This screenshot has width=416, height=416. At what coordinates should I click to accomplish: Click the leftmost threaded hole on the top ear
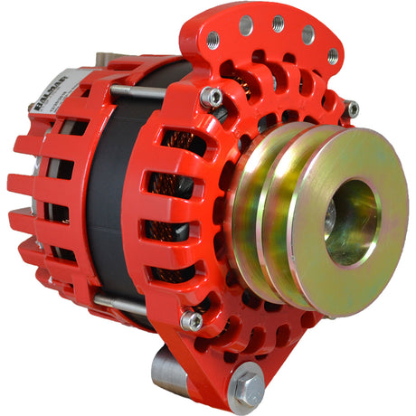(x=213, y=41)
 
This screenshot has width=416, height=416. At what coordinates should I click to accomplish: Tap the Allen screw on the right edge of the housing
(x=352, y=109)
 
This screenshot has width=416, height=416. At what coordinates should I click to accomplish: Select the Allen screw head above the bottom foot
(x=192, y=320)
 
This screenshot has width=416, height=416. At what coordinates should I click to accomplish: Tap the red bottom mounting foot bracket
(x=217, y=371)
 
